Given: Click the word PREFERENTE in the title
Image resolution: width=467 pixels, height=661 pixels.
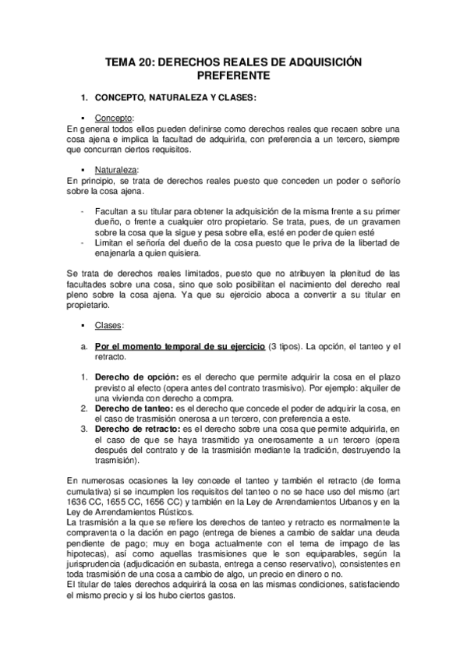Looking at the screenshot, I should pyautogui.click(x=233, y=76).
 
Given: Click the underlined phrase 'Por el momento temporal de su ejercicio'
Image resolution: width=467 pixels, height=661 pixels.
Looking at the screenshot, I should pyautogui.click(x=179, y=346).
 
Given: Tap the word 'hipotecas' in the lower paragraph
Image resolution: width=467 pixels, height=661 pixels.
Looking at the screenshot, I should pyautogui.click(x=88, y=553).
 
